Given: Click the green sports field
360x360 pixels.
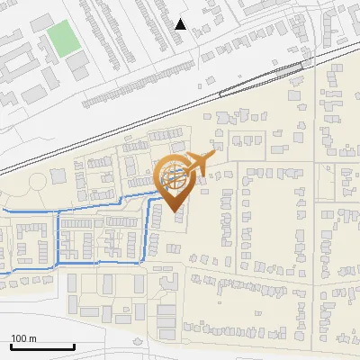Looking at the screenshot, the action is [x=63, y=38].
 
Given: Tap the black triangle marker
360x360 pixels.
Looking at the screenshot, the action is [x=181, y=24].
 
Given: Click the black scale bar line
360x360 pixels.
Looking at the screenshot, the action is [x=42, y=346].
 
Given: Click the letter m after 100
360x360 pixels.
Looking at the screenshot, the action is [x=32, y=338].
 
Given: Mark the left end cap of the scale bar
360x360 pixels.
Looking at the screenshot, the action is [x=11, y=346].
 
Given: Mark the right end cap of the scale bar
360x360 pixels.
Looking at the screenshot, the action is [x=74, y=346].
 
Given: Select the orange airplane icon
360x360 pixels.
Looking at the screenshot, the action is [x=194, y=164].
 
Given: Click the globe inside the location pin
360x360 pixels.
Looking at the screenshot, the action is [x=175, y=175].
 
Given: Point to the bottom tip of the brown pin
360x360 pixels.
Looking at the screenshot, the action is [x=175, y=212].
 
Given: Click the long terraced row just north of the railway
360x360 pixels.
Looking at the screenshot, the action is [x=135, y=90].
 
